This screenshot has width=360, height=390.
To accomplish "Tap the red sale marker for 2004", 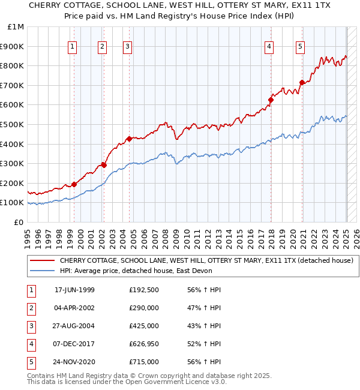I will tap(129, 139).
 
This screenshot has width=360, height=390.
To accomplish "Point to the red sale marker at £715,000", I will tap(302, 82).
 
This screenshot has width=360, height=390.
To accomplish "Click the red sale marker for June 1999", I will tap(74, 184).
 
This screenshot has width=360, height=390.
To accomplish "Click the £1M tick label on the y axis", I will tap(16, 27).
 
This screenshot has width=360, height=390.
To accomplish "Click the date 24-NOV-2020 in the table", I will tap(74, 362).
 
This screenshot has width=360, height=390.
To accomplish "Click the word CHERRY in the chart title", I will tap(41, 5).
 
